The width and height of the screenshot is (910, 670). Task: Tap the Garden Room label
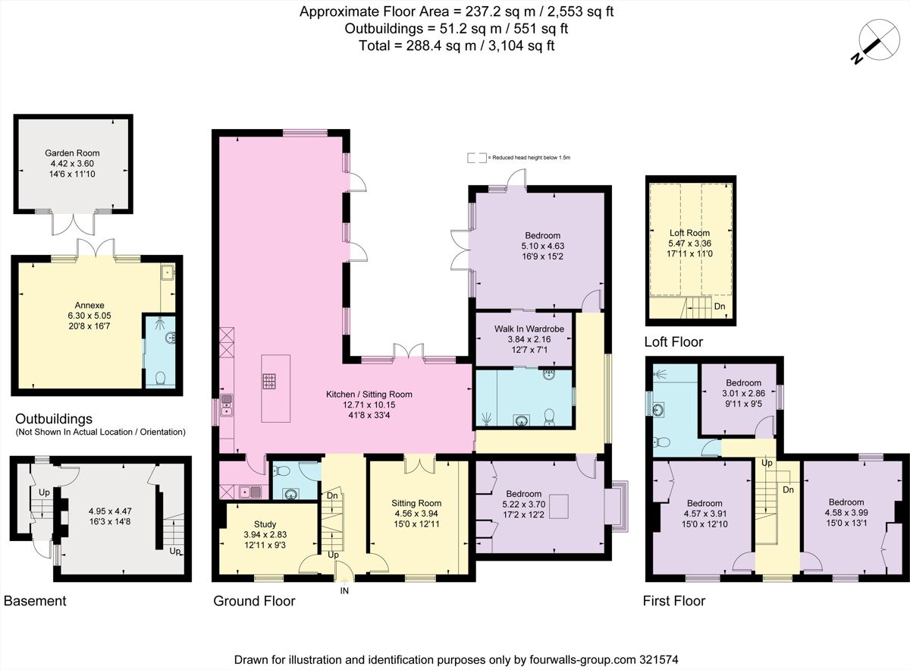point(72,153)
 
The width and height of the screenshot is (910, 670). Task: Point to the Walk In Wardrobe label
point(523,328)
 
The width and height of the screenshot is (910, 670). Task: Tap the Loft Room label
point(689,233)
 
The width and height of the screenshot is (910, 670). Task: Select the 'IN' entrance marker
point(345,590)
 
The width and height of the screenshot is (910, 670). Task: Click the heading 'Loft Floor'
point(673,342)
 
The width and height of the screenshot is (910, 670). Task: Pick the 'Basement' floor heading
point(35,601)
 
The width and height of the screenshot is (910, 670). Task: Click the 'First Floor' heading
point(674,601)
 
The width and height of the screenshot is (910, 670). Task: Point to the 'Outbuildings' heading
point(53,419)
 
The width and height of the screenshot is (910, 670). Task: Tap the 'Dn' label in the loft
point(719,307)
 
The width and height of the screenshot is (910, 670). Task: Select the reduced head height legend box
point(477,158)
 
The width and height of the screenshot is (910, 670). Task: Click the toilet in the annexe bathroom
point(160,378)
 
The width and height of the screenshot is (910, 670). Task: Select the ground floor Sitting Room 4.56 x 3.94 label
point(416,503)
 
